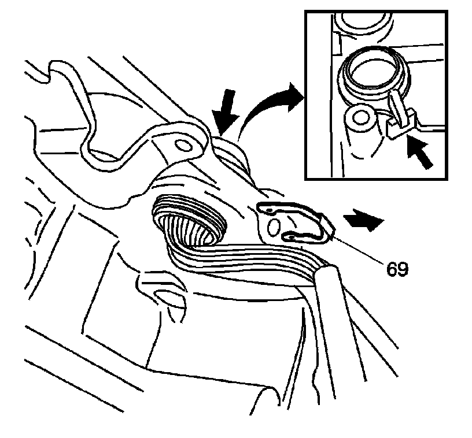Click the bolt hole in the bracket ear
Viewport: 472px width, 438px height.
183,144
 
